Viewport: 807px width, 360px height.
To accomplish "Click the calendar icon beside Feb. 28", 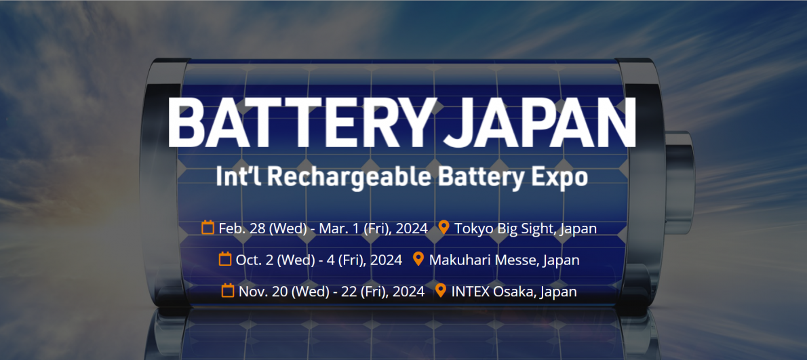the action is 208,227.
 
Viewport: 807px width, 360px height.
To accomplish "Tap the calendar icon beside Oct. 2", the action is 225,259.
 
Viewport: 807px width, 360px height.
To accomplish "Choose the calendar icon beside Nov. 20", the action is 227,291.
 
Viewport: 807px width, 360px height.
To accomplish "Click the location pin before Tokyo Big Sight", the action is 444,227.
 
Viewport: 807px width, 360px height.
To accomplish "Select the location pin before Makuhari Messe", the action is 419,259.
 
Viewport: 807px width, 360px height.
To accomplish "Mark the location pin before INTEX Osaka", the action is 441,291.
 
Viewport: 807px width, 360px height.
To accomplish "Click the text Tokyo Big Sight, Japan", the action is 526,229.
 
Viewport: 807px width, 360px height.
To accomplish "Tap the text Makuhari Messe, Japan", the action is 505,260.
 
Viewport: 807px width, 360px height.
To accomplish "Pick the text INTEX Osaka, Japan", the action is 514,292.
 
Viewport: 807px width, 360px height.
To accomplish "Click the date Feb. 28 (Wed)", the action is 263,228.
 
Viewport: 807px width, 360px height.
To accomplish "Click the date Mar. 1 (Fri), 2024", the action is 373,228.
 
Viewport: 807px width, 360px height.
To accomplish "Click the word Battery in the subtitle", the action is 484,176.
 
